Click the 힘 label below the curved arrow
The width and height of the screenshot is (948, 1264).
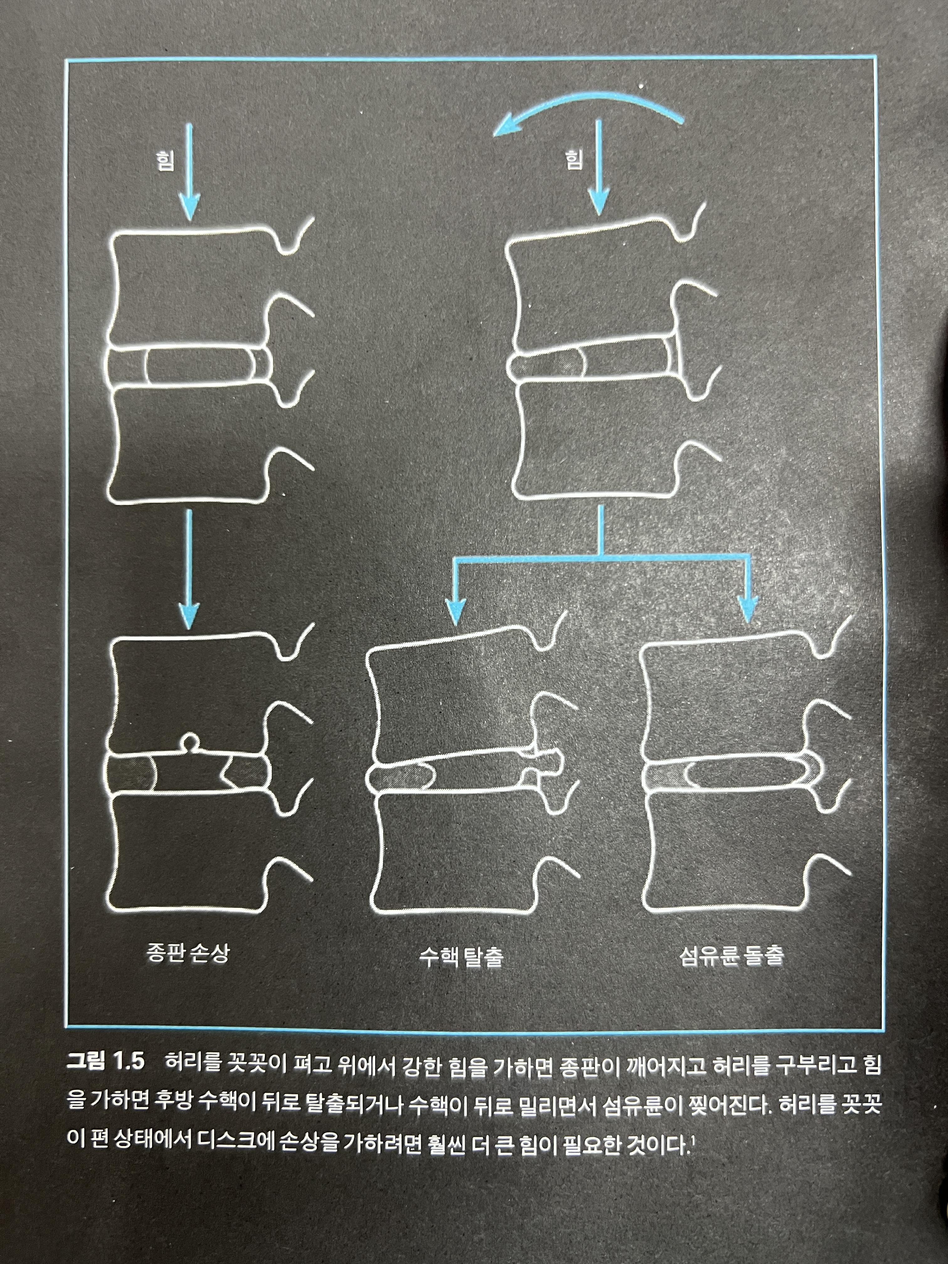(574, 160)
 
